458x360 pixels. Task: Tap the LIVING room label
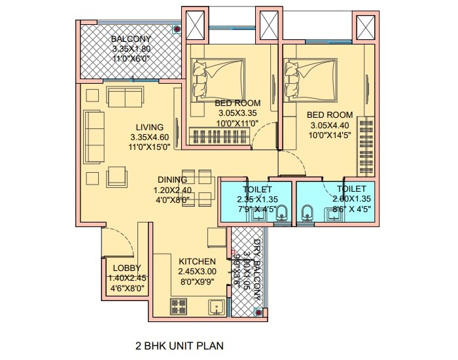click(150, 127)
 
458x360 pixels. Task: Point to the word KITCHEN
click(197, 261)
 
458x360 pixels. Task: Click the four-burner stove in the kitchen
click(179, 306)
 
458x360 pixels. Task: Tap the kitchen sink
click(215, 306)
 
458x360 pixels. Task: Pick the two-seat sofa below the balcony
click(126, 98)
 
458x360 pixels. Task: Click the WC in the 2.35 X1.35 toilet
click(281, 212)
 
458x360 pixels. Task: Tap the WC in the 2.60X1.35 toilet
click(307, 212)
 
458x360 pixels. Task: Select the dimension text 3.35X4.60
click(150, 137)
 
